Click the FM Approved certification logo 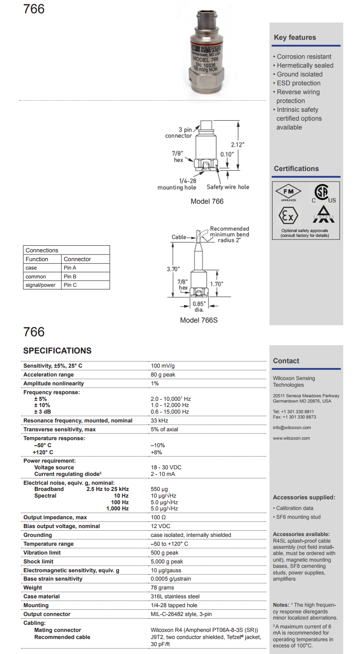288,193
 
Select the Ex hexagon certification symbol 288,216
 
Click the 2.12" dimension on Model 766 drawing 237,144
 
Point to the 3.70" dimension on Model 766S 173,269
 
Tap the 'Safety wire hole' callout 227,187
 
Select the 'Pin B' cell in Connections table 70,277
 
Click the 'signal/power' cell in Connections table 41,285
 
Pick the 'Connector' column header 77,259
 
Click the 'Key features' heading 295,37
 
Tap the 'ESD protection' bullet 298,83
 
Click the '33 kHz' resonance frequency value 159,421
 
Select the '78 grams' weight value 162,588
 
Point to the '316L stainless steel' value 175,597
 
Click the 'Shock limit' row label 38,562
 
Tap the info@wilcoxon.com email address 292,428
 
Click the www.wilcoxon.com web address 291,438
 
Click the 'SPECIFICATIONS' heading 57,351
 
